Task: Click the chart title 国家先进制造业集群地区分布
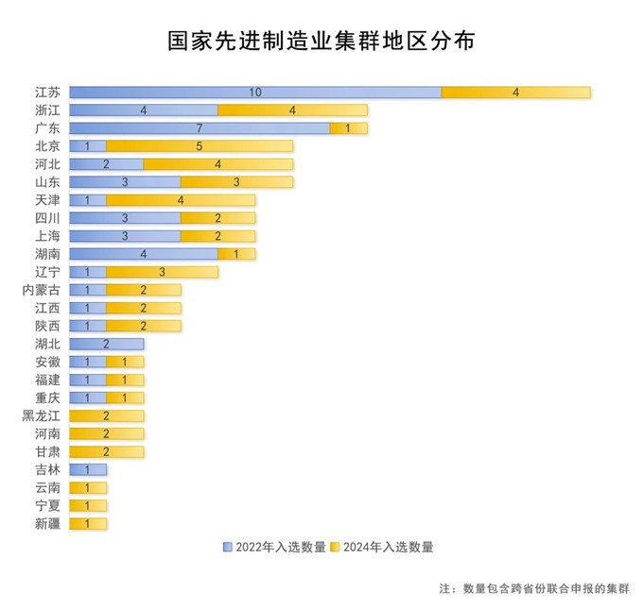coord(321,41)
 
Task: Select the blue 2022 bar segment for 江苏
coord(255,93)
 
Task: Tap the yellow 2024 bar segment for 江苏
coord(516,93)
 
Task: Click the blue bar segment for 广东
coord(200,128)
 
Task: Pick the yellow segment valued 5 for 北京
coord(200,146)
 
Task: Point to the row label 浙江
coord(47,110)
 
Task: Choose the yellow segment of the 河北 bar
coord(218,164)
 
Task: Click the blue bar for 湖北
coord(107,344)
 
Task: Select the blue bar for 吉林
coord(88,470)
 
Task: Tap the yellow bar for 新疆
coord(88,524)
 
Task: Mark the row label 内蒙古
coord(41,290)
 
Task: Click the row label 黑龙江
coord(41,415)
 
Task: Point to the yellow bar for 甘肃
coord(107,451)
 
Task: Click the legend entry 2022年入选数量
coord(274,548)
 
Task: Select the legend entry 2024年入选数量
coord(382,548)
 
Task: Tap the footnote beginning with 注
coord(534,588)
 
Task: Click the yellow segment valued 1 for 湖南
coord(236,254)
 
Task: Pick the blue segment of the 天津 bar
coord(88,200)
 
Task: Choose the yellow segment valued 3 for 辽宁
coord(163,272)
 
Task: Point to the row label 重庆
coord(47,398)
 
